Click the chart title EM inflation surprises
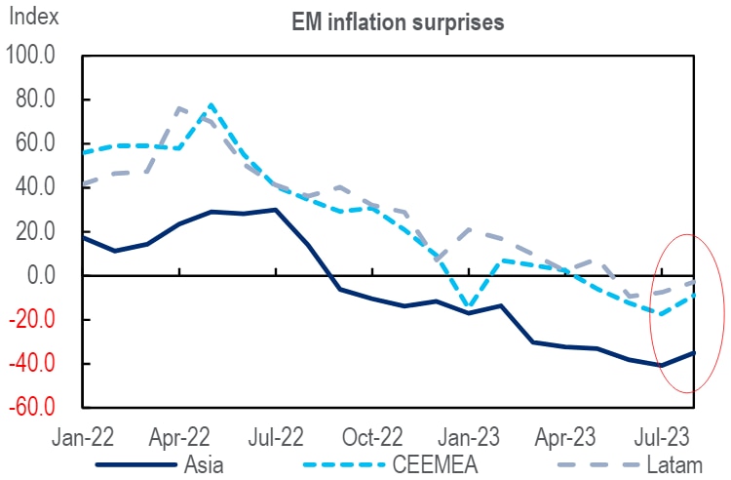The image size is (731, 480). [399, 22]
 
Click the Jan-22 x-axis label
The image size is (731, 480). [84, 434]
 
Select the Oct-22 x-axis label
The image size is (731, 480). [373, 434]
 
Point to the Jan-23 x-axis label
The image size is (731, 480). [470, 434]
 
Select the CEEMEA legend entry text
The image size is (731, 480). [442, 463]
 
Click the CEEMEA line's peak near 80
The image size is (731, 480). [211, 104]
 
